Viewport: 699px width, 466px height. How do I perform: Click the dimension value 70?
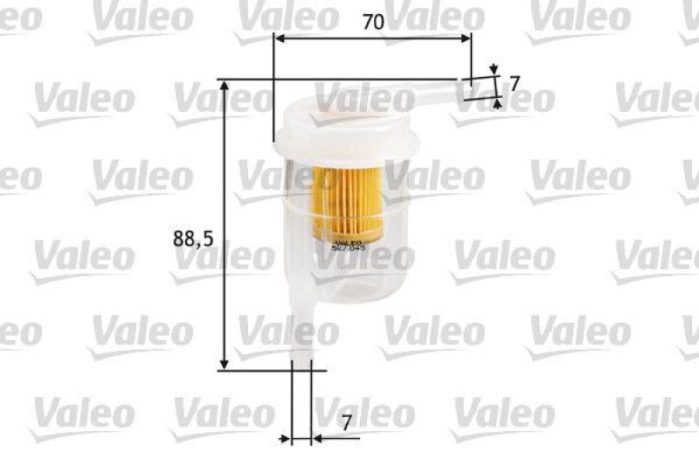(x=374, y=24)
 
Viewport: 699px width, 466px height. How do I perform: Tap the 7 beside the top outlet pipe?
(x=515, y=84)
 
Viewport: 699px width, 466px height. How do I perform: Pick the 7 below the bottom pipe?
(x=347, y=422)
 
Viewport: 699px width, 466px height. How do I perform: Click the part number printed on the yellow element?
(x=349, y=247)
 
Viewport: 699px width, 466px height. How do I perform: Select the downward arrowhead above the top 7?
(x=495, y=69)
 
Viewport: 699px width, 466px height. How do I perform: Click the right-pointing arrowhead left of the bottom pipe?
(x=285, y=437)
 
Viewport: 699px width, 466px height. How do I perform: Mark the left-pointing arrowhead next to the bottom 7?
(x=316, y=437)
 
